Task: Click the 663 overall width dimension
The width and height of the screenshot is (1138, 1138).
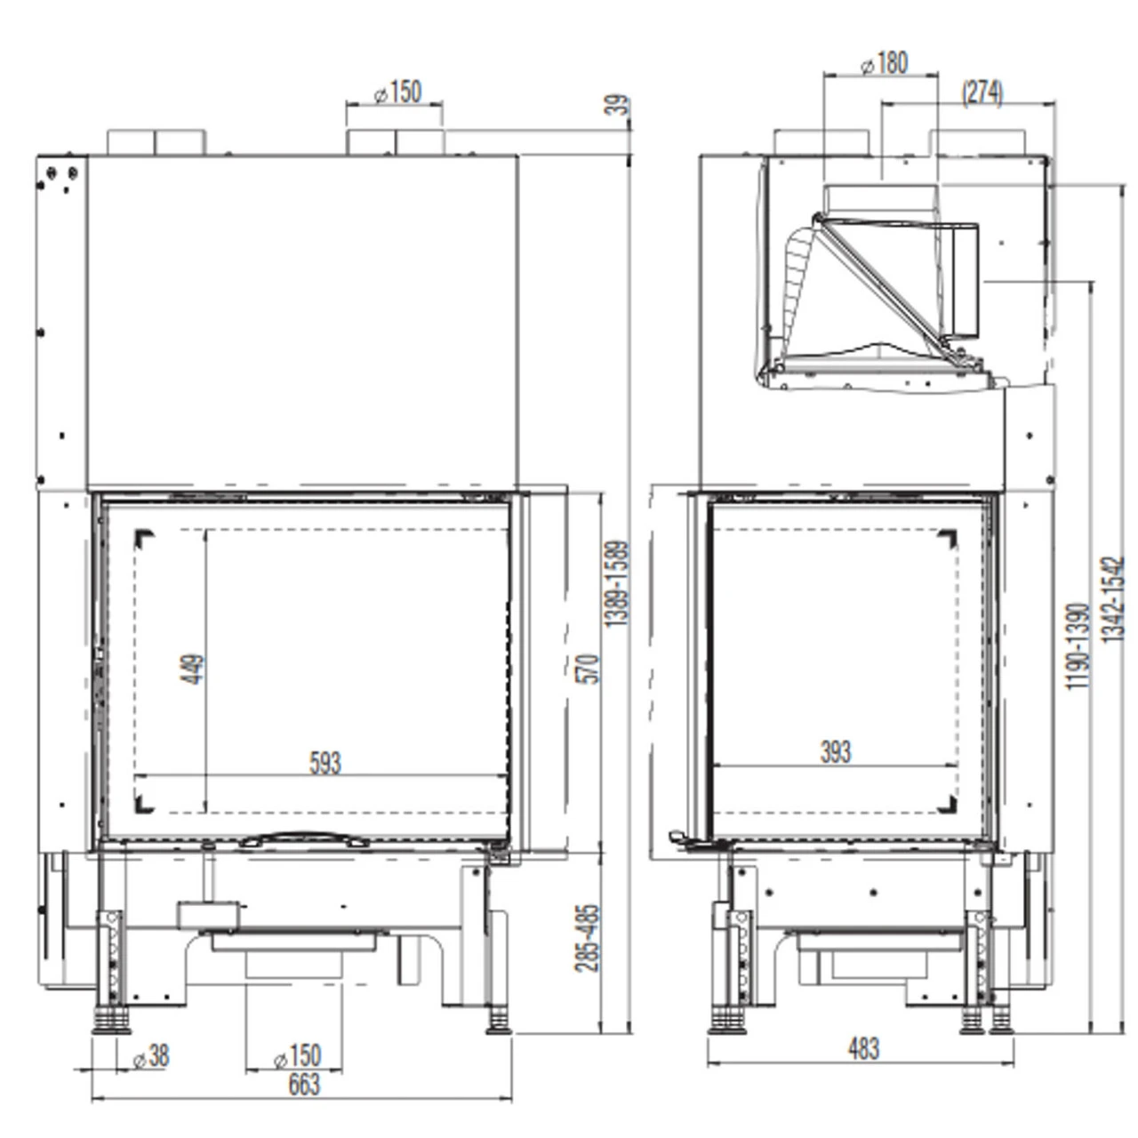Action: (x=303, y=1086)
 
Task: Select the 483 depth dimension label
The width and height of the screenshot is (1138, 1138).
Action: (x=862, y=1048)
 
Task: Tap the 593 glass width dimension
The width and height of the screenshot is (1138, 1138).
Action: (x=325, y=763)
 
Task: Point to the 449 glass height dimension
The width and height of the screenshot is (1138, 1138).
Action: (x=193, y=669)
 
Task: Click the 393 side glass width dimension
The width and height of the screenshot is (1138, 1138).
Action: (x=835, y=752)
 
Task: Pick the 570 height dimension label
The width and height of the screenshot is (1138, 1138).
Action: (x=588, y=669)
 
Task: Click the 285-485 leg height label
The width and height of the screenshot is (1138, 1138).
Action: (x=588, y=938)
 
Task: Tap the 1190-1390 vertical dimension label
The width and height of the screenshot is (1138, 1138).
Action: (x=1077, y=646)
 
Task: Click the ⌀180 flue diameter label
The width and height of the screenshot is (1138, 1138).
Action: (x=884, y=63)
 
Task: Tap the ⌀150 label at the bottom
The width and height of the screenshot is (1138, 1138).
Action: (x=296, y=1056)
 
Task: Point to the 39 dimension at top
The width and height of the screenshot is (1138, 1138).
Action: (x=617, y=106)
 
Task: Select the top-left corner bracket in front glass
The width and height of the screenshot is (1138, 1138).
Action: (x=144, y=539)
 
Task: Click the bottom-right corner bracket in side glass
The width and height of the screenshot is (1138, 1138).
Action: (x=947, y=805)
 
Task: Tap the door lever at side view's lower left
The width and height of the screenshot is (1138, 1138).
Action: (x=683, y=837)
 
